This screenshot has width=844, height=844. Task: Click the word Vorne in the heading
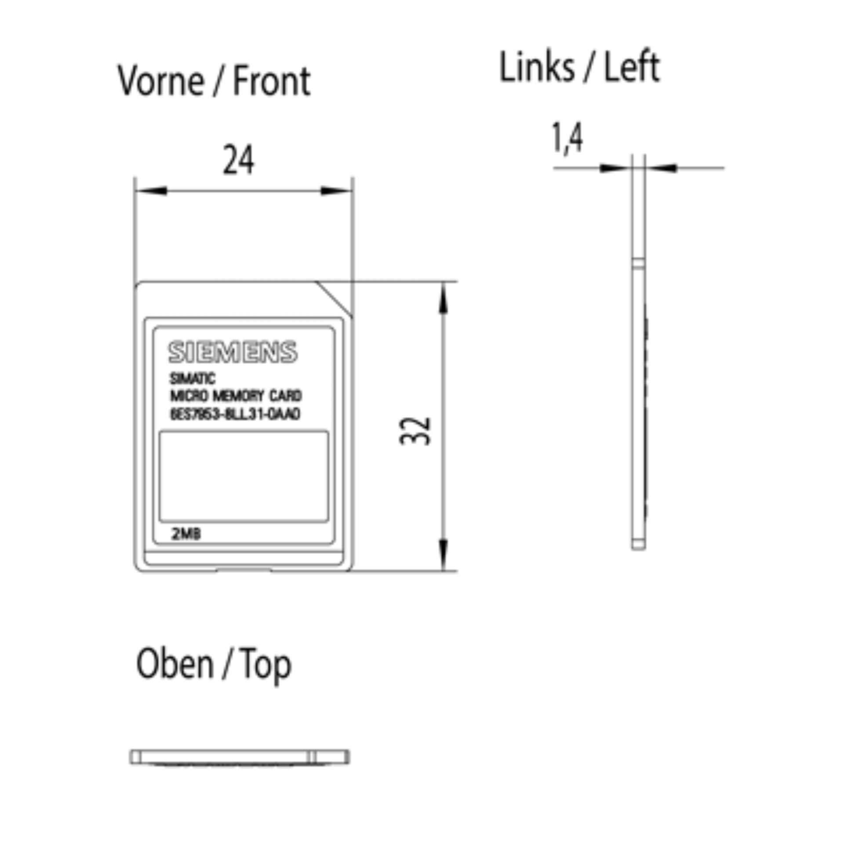tap(161, 81)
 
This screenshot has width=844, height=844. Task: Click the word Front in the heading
tap(271, 81)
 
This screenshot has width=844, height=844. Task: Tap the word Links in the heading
tap(536, 67)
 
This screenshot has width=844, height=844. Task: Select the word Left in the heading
tap(632, 67)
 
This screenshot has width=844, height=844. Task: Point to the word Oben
tap(175, 664)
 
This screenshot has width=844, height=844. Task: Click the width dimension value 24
tap(238, 160)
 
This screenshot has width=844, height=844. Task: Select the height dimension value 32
tap(415, 431)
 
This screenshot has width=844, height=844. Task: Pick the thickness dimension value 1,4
tap(567, 138)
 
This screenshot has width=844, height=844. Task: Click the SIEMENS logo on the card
tap(233, 352)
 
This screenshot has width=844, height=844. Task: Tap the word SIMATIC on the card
tap(192, 379)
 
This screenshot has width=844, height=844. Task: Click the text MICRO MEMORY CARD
tap(236, 396)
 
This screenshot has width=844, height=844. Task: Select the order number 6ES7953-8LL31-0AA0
tap(235, 414)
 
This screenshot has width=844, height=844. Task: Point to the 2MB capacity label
tap(186, 534)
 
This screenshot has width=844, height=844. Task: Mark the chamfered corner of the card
tap(334, 298)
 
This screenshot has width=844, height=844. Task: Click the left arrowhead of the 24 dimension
tap(151, 191)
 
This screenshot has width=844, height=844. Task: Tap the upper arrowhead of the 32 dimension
tap(443, 299)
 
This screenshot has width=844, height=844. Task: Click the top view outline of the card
tap(240, 757)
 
